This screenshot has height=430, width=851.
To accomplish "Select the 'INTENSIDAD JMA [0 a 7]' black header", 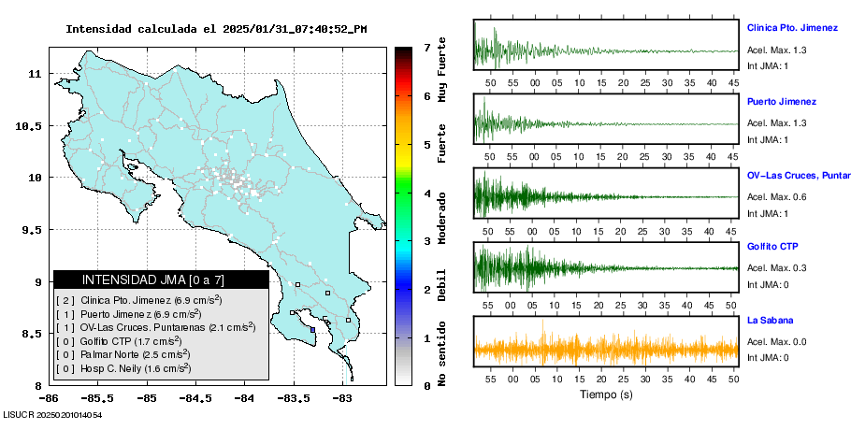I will pyautogui.click(x=153, y=279).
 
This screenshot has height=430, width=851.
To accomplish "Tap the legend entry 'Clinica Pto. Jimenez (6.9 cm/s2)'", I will pyautogui.click(x=140, y=300).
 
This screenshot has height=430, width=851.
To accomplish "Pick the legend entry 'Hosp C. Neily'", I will pyautogui.click(x=127, y=368).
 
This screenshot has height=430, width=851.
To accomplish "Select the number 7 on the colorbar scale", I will pyautogui.click(x=426, y=47).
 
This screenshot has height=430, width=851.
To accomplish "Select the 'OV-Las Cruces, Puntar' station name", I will pyautogui.click(x=797, y=175).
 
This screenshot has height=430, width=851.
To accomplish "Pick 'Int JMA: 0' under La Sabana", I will pyautogui.click(x=768, y=357).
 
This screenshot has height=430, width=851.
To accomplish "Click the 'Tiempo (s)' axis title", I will pyautogui.click(x=607, y=394).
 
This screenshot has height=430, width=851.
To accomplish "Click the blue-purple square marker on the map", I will pyautogui.click(x=312, y=329).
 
